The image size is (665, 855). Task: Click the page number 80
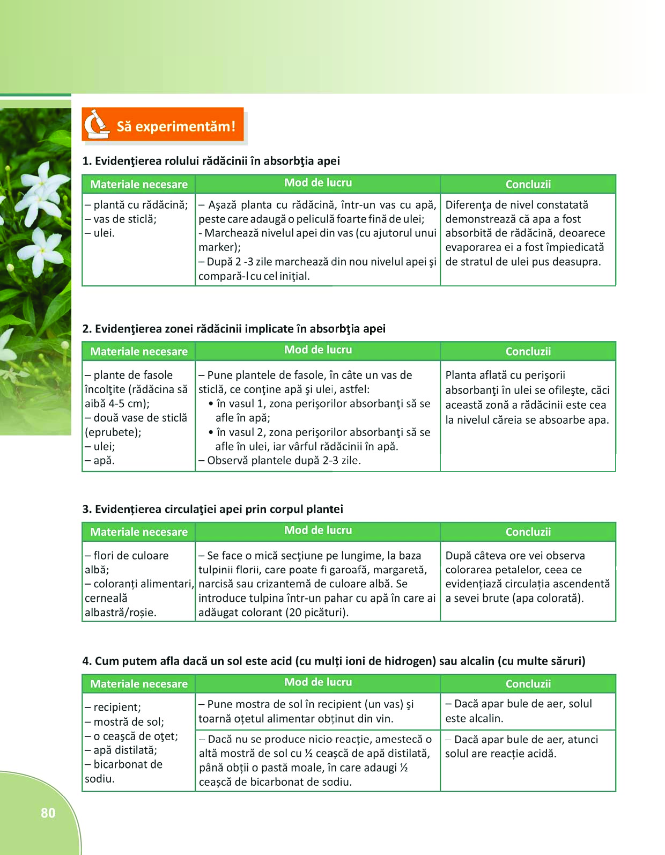click(48, 813)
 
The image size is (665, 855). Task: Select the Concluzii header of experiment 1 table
click(528, 185)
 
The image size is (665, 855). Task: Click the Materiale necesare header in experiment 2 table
click(139, 352)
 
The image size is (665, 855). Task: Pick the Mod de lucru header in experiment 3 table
click(318, 530)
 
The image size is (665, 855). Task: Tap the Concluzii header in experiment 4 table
click(528, 684)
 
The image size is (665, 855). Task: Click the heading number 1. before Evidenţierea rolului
click(87, 161)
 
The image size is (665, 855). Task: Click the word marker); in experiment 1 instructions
click(219, 247)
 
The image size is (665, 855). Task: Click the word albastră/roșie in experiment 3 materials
click(120, 613)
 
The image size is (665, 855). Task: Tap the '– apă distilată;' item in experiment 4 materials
click(121, 750)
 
